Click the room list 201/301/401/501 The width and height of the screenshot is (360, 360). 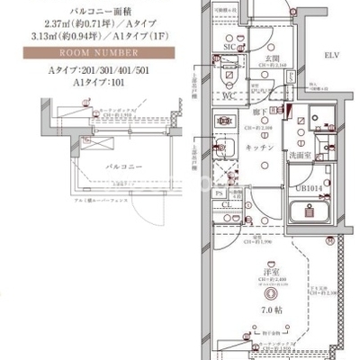[x=86, y=68]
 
